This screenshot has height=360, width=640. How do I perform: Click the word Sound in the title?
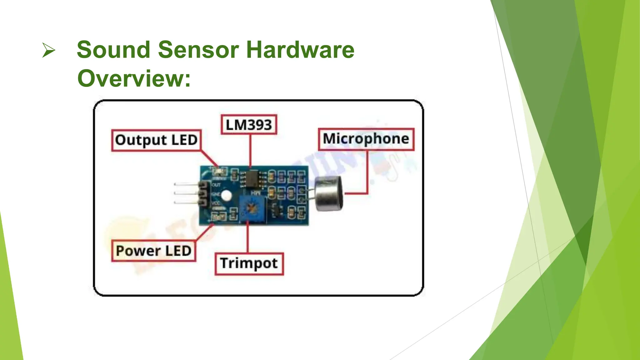113,50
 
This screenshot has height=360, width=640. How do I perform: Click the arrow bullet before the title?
48,51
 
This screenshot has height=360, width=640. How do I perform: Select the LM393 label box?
249,125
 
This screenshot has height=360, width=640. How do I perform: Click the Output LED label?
156,140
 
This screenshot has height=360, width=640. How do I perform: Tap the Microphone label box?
366,139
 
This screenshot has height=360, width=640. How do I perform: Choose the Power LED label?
153,251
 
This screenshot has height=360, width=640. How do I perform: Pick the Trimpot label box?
249,263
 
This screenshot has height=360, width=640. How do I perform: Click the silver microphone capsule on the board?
329,193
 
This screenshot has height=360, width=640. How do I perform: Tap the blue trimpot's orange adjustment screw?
250,207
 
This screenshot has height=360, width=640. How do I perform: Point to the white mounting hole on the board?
226,196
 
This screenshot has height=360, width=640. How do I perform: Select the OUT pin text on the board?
216,185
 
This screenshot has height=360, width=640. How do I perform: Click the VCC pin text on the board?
216,203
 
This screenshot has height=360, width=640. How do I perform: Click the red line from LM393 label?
250,150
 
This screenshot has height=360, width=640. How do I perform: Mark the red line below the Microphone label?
367,172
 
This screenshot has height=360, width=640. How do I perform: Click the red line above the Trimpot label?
247,237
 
